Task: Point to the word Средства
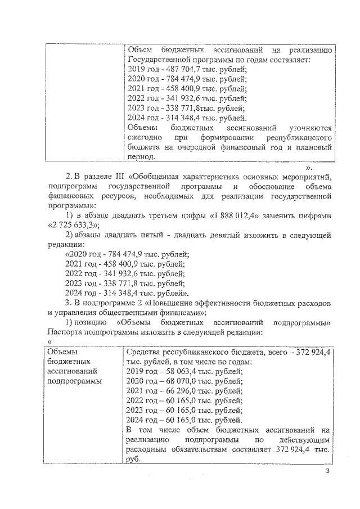tap(146, 352)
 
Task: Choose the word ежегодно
tap(145, 137)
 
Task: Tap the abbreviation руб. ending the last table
tap(135, 458)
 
